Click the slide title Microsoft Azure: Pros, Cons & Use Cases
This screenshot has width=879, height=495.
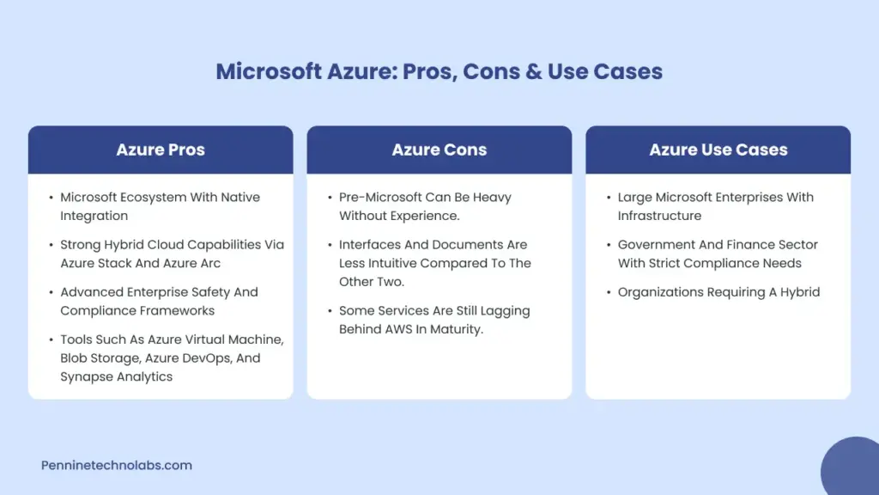pyautogui.click(x=439, y=70)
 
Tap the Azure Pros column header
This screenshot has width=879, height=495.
pyautogui.click(x=161, y=150)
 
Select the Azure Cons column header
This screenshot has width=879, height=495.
pyautogui.click(x=439, y=150)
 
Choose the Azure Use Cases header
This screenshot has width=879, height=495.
pyautogui.click(x=718, y=150)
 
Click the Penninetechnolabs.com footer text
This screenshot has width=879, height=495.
pyautogui.click(x=117, y=466)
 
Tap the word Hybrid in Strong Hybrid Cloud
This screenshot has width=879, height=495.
pyautogui.click(x=128, y=245)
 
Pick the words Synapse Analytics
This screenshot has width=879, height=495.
pyautogui.click(x=116, y=376)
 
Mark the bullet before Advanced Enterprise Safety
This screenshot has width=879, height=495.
pyautogui.click(x=51, y=292)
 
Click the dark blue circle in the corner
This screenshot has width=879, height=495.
pyautogui.click(x=851, y=467)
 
